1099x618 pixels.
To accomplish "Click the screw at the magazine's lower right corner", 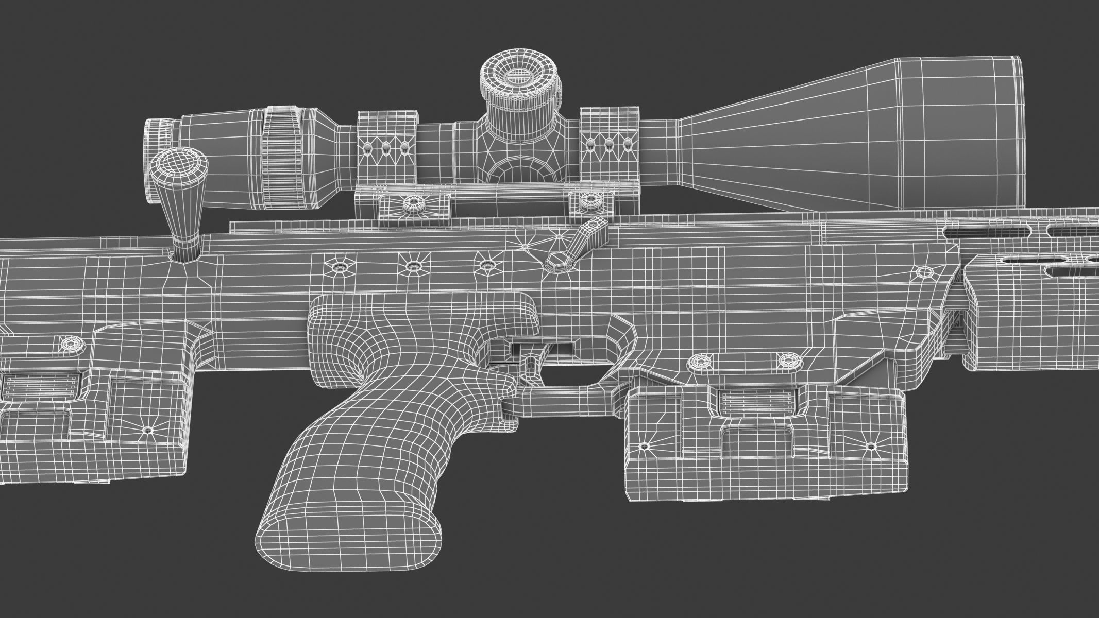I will [871, 446].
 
